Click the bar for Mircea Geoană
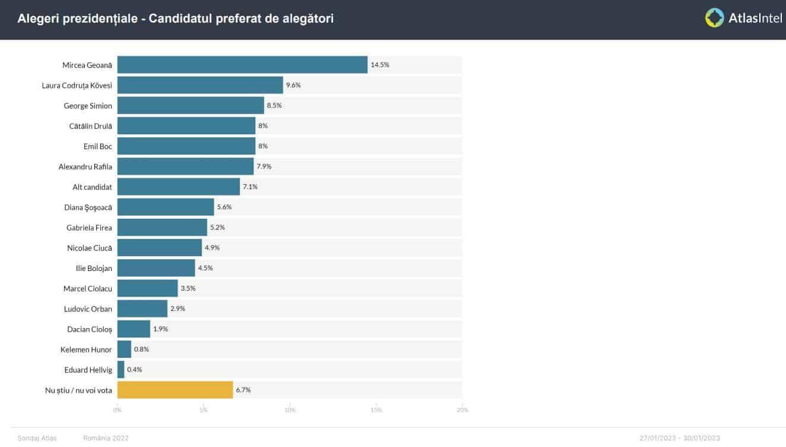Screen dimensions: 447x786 point(242,65)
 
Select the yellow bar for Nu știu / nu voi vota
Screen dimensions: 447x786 point(175,390)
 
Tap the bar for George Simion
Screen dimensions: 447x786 point(191,106)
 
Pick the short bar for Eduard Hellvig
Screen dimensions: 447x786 point(121,370)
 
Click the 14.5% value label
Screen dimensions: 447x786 point(380,65)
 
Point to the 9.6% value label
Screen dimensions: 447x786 point(293,85)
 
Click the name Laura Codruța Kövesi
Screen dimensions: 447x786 point(77,86)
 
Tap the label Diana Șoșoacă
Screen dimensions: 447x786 point(88,207)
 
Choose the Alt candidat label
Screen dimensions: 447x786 point(92,187)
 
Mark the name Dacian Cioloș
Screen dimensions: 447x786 point(90,329)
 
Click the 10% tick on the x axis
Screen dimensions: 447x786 point(290,410)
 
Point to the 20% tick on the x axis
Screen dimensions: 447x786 point(462,410)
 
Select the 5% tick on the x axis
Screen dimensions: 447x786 point(203,410)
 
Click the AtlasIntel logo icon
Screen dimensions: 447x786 point(714,18)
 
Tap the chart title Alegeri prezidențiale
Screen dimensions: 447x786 point(176,19)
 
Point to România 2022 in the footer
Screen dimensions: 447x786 point(106,438)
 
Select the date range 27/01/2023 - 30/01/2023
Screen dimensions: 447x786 point(680,438)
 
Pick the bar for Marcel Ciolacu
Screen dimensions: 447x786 point(147,288)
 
